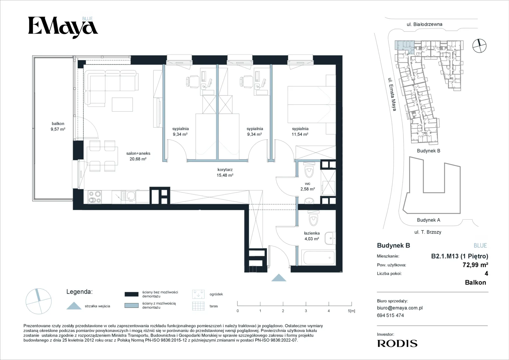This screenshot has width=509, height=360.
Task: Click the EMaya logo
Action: click(63, 28)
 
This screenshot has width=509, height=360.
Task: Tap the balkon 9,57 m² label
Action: click(58, 126)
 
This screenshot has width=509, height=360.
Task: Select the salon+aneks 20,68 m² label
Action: click(138, 156)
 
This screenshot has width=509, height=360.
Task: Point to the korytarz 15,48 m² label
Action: click(225, 172)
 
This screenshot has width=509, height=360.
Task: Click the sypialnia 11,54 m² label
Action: click(300, 131)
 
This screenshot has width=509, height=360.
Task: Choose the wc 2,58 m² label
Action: click(307, 186)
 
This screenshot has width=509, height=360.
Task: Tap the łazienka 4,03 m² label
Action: click(312, 236)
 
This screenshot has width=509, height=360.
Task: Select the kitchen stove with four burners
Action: click(95, 197)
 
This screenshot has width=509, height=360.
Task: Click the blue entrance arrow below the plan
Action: click(279, 277)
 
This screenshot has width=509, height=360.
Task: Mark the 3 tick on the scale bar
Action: click(306, 304)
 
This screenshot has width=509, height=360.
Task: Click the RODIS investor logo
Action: click(397, 343)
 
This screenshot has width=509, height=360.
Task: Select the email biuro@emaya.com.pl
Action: click(400, 308)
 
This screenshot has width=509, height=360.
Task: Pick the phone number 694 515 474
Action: click(390, 315)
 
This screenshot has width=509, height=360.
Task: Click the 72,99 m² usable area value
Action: click(475, 265)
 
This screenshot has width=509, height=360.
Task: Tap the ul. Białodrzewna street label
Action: click(424, 24)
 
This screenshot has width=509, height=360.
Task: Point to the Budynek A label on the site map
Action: click(429, 220)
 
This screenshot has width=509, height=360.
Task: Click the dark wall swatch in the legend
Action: click(132, 294)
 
